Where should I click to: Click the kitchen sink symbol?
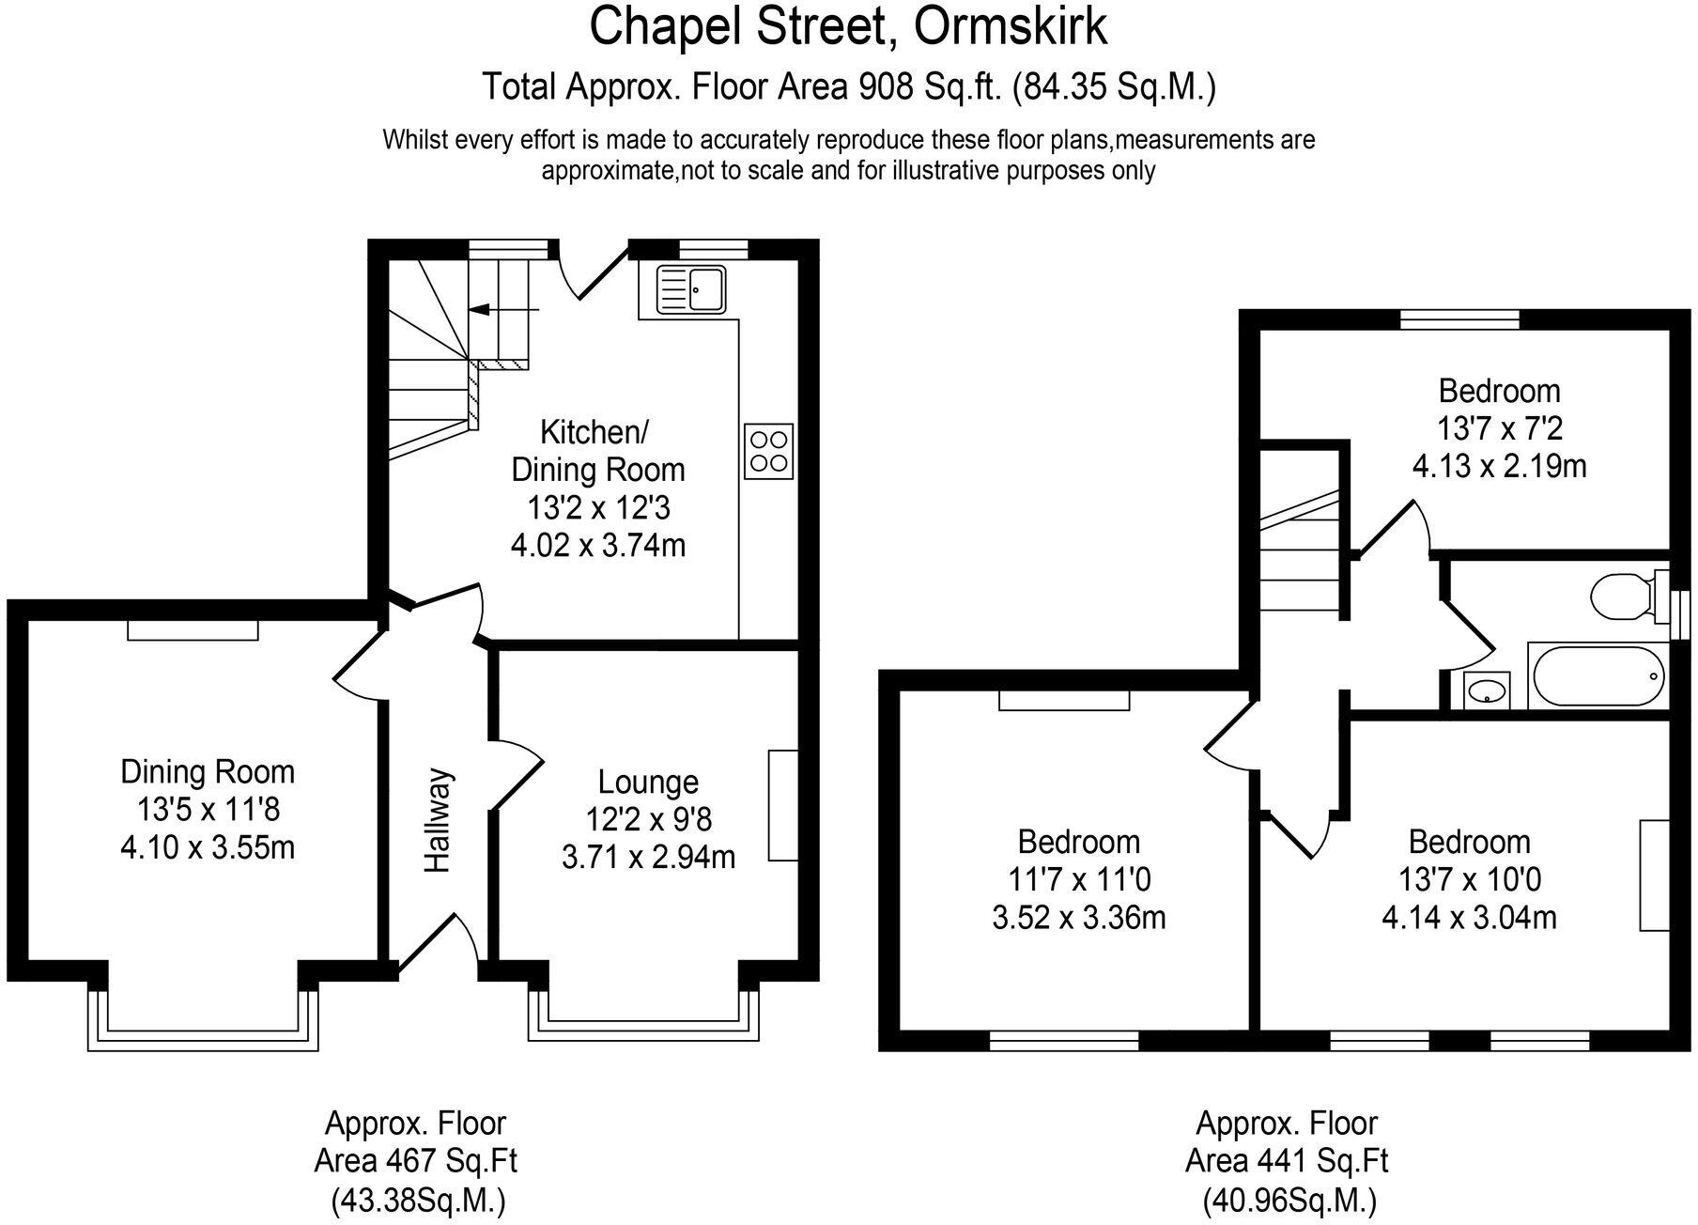point(690,288)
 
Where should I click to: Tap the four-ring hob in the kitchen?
point(768,452)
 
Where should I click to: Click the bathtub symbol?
point(1597,675)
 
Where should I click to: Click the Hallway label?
point(438,821)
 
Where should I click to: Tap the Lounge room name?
point(648,782)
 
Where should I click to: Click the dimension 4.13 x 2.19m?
point(1499,466)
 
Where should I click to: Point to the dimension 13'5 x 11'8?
point(208,810)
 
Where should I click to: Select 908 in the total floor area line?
point(886,87)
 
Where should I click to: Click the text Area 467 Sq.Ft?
point(415,1161)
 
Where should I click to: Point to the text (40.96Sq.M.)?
point(1289,1200)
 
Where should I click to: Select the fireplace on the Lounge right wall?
point(782,805)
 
